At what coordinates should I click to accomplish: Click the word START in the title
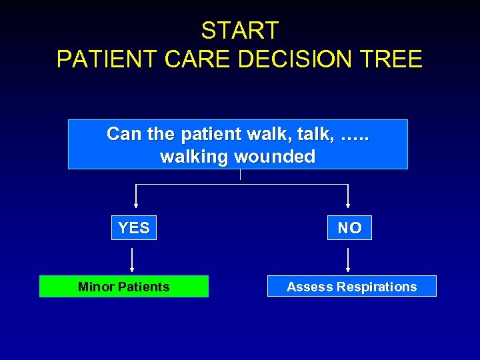[240, 31]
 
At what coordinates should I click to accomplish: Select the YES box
[134, 228]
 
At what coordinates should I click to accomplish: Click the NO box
[349, 228]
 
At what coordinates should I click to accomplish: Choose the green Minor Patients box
[124, 287]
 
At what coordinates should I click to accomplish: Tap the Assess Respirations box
[352, 287]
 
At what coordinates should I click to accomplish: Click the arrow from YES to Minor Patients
[132, 260]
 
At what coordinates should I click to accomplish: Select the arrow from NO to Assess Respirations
[348, 260]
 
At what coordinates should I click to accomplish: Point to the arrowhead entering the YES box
[136, 205]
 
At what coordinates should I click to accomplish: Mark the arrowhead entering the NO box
[348, 205]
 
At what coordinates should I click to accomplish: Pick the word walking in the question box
[194, 157]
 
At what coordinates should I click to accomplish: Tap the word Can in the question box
[125, 134]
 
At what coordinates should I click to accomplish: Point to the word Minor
[95, 287]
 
